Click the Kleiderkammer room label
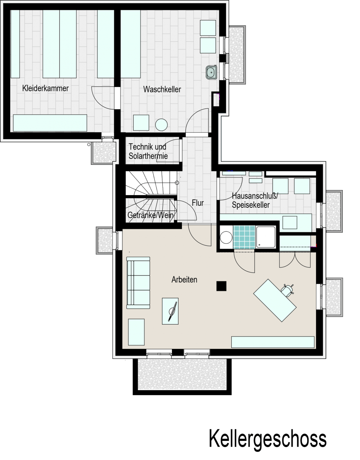point(46,89)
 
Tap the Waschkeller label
point(162,89)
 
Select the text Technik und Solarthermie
point(148,151)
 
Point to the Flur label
point(198,203)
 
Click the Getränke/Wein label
point(151,215)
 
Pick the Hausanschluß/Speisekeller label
point(255,200)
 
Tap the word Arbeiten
point(184,279)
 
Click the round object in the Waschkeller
point(161,125)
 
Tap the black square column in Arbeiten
point(221,286)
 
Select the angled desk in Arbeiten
point(275,301)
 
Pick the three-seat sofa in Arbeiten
point(138,283)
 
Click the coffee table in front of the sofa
point(170,311)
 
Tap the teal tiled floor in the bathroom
point(244,237)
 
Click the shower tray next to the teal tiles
point(266,237)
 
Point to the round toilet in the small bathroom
point(226,237)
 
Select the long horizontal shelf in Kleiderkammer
point(50,123)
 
